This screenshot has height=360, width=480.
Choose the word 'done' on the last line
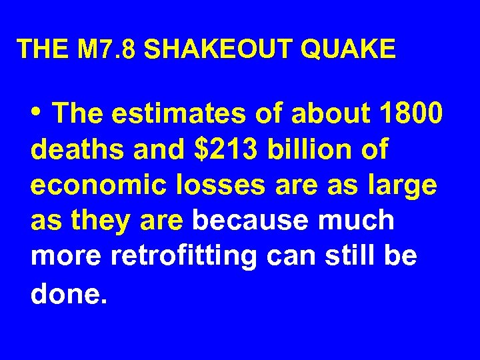coord(65,293)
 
